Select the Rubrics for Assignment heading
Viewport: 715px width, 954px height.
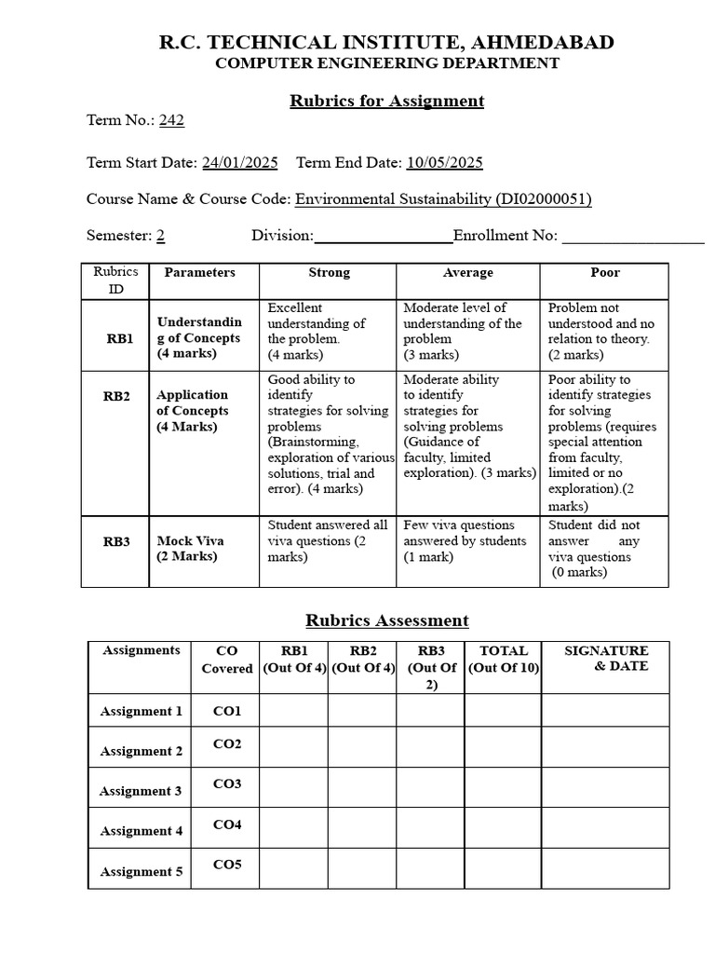click(387, 101)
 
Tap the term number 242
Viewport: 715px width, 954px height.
click(172, 119)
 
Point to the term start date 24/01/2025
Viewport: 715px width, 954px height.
click(240, 162)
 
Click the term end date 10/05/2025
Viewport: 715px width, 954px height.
click(444, 162)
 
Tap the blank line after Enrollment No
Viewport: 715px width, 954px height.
click(633, 236)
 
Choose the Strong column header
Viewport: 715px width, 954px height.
click(329, 273)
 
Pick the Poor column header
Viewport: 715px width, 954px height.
click(605, 273)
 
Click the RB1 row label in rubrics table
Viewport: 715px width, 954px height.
click(119, 339)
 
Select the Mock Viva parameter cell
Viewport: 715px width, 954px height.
click(190, 548)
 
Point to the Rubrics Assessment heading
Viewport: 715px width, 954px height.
click(387, 620)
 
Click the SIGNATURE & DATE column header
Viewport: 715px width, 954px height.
click(606, 659)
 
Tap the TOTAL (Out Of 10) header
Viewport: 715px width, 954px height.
click(503, 659)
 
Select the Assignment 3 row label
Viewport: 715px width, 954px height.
click(141, 791)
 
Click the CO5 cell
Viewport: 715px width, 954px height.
click(227, 865)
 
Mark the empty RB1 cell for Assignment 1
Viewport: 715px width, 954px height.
click(293, 711)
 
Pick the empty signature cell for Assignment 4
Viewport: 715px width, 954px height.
click(606, 828)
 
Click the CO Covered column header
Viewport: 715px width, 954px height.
click(226, 660)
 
